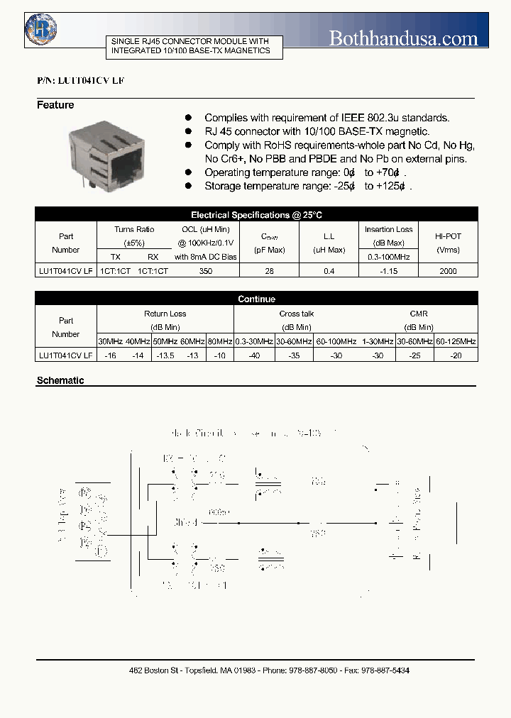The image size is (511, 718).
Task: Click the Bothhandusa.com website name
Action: (403, 38)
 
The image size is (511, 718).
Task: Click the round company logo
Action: (42, 29)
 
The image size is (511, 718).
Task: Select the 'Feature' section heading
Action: (55, 105)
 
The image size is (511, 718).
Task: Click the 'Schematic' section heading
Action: (60, 380)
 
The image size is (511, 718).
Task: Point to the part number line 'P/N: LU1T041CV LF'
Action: (80, 82)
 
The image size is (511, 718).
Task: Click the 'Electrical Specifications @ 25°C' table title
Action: (256, 215)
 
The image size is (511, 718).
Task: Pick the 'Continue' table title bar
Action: (256, 299)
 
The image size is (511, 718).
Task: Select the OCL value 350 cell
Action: (206, 271)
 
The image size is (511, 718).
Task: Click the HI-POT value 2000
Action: (448, 271)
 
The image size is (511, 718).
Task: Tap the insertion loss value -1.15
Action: (388, 271)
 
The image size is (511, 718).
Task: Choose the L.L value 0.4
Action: (329, 271)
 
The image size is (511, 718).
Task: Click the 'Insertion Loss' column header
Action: (388, 230)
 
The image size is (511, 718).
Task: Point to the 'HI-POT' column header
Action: (448, 236)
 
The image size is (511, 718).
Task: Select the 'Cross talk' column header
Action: (297, 314)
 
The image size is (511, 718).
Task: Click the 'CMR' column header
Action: (419, 314)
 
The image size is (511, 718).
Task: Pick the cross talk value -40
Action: (253, 355)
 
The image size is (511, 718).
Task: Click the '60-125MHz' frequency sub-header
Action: (456, 341)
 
